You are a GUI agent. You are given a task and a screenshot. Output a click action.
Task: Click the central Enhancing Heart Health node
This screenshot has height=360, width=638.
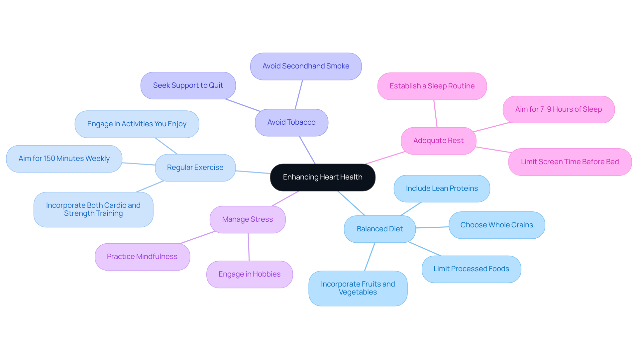coord(322,177)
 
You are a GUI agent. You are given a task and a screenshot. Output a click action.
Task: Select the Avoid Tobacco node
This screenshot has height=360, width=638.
coord(291,122)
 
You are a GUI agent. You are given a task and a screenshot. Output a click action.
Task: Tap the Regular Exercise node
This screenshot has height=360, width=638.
coord(195,168)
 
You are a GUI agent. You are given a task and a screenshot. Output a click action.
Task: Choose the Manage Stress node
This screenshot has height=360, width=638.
coord(248,219)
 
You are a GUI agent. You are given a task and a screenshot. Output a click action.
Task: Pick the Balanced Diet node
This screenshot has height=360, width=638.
coord(379,229)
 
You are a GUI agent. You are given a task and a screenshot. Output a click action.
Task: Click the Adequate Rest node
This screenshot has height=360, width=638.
coord(438,141)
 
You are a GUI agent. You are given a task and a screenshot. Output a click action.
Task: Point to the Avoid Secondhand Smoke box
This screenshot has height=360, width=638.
coord(306,66)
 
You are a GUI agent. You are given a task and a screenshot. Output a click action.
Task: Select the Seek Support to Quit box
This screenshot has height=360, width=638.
coord(188,85)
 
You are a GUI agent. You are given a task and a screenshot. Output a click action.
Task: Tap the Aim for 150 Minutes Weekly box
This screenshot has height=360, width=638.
coord(64,159)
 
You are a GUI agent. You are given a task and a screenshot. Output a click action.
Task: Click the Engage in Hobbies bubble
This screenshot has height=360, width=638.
coord(250,274)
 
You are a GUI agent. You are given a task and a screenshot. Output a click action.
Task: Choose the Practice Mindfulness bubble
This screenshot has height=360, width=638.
coord(142,257)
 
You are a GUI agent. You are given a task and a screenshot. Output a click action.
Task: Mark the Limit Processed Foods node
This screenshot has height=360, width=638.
coord(471,269)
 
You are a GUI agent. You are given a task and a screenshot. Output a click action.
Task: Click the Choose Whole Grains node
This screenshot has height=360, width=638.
coord(496,225)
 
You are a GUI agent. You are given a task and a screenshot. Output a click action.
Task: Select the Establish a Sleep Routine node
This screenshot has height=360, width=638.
coord(432,86)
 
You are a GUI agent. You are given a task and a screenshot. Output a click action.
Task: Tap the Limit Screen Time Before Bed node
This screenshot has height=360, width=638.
coord(570,162)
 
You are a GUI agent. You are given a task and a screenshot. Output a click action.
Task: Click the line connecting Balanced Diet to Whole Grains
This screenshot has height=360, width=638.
coord(432,227)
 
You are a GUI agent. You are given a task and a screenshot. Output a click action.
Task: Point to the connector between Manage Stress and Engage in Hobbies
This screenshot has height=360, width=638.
coord(249,247)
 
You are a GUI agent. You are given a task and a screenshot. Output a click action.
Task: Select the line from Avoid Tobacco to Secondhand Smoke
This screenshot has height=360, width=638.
coord(299,94)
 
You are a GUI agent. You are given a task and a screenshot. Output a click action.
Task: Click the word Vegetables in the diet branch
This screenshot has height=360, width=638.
coord(358,292)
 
